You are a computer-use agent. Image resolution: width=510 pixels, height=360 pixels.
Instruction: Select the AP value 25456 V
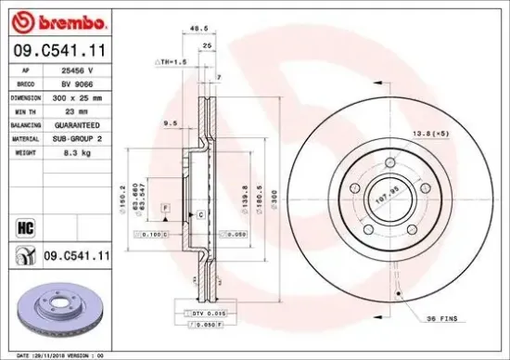[75, 71]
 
